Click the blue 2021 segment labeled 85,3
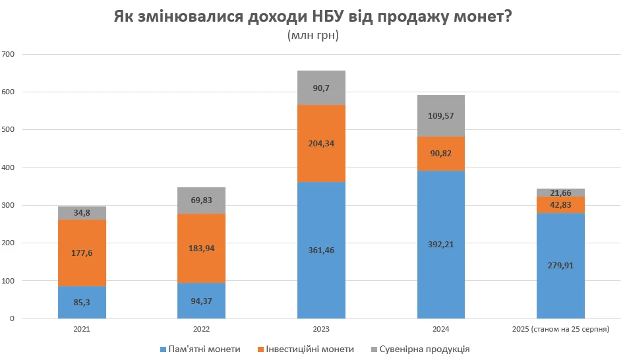(x=82, y=303)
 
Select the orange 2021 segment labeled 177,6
(x=82, y=253)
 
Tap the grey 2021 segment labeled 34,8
(x=82, y=213)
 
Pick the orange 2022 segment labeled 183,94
(x=201, y=249)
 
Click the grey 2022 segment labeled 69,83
(x=201, y=200)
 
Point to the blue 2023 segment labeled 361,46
(x=321, y=250)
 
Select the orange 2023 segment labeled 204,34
(x=321, y=143)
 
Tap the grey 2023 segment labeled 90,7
(x=321, y=88)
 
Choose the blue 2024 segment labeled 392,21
(x=440, y=245)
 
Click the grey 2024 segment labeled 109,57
(x=440, y=115)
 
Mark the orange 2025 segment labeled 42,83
(x=560, y=205)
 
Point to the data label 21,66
(x=560, y=193)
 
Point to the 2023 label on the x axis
(x=321, y=328)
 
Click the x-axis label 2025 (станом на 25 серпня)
(x=560, y=328)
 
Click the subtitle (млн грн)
(x=312, y=36)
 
